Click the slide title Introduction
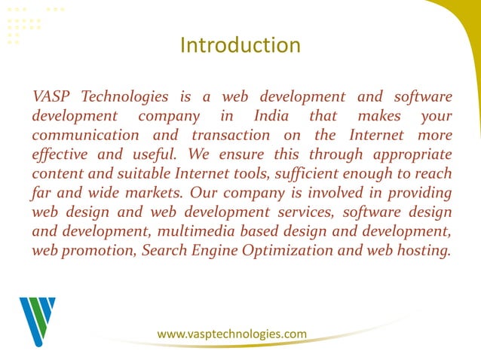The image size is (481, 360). [x=240, y=45]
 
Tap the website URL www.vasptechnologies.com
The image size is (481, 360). [x=231, y=333]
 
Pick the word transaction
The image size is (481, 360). [x=231, y=136]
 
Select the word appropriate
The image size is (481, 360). [x=409, y=155]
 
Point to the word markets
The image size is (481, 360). [x=151, y=194]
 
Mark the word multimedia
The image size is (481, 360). [x=199, y=232]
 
